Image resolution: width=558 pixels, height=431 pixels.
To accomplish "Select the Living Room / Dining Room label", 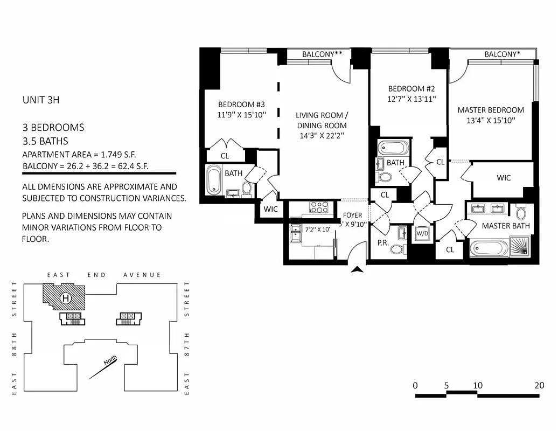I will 322,120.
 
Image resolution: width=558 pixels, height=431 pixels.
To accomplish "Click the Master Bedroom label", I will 490,110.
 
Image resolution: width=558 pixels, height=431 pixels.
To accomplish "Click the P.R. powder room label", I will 383,243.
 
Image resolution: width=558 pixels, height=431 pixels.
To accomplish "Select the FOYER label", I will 353,215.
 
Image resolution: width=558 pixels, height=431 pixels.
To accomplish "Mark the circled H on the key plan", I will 66,297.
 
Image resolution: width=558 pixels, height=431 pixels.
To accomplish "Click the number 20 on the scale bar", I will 539,386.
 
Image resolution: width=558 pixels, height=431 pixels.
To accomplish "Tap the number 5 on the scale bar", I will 446,386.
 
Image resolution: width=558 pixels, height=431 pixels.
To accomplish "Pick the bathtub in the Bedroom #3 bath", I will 214,180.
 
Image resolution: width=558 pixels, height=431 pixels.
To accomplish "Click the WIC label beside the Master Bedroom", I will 504,178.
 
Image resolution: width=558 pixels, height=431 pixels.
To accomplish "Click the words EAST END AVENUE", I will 104,275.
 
